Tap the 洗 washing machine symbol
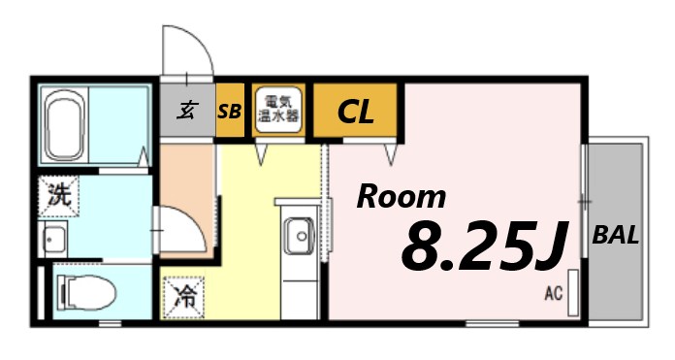point(59,195)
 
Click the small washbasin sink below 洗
point(54,238)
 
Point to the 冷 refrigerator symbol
point(183,296)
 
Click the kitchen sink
point(297,235)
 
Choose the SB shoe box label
point(229,112)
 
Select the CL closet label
point(355,113)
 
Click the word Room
point(402,197)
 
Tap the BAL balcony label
point(616,235)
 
